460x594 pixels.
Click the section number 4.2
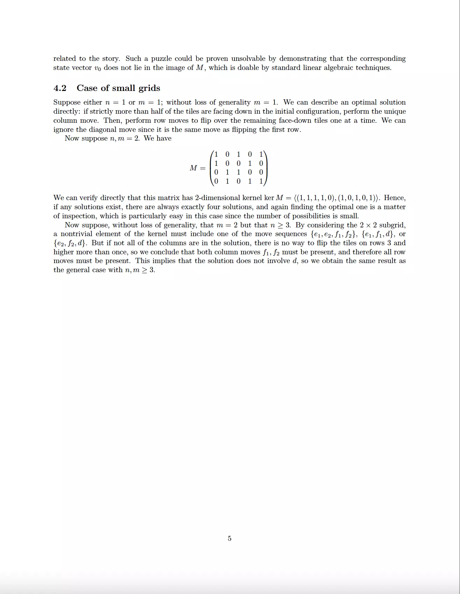(x=60, y=88)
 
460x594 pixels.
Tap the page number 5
(x=230, y=538)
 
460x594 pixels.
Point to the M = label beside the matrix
(x=197, y=168)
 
